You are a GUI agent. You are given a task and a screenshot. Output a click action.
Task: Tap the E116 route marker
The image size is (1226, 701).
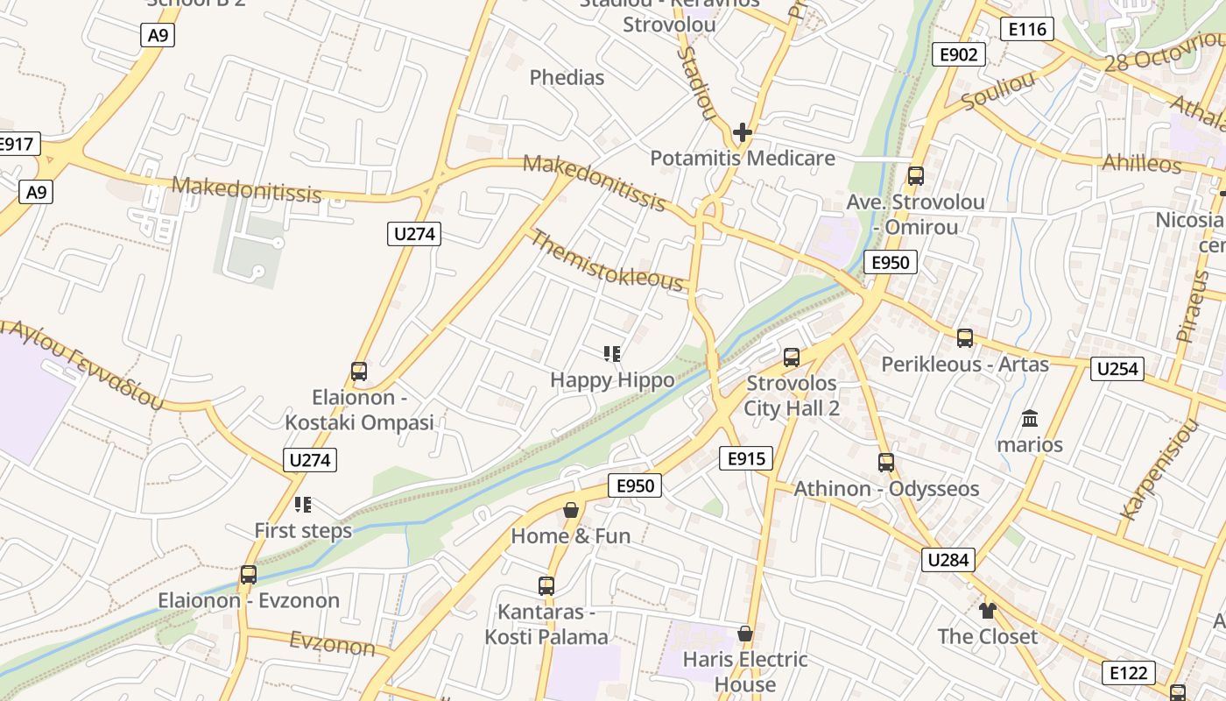tap(1026, 29)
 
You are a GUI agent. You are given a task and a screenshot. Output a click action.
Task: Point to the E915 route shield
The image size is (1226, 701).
tap(746, 457)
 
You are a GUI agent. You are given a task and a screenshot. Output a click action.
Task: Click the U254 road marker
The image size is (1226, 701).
tap(1117, 369)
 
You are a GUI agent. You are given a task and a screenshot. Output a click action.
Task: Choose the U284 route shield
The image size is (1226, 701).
tap(948, 560)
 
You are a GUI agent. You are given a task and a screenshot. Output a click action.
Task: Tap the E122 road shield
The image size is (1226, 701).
tap(1128, 673)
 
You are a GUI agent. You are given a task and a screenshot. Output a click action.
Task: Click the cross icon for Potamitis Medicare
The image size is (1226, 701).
tap(743, 133)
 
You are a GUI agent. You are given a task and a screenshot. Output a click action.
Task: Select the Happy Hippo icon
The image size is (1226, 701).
tap(612, 354)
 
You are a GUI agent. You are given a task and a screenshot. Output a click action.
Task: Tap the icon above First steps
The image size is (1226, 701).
tap(303, 505)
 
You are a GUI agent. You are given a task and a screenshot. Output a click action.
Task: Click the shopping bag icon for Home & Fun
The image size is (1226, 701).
tap(571, 510)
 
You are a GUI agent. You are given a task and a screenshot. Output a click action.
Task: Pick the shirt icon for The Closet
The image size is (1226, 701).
tap(988, 611)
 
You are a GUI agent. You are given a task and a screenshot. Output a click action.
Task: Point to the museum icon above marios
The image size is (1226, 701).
tap(1030, 418)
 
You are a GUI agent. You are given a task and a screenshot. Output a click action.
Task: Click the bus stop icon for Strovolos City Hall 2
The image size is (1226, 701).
tap(792, 357)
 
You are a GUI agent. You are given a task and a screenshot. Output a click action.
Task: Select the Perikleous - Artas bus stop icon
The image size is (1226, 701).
tap(965, 337)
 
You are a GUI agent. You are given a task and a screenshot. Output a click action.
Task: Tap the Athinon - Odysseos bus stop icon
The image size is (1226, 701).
tap(886, 463)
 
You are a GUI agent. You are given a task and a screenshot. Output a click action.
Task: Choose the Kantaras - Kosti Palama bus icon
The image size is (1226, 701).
tap(546, 585)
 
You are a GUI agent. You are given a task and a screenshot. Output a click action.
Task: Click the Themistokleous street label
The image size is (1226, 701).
tap(606, 260)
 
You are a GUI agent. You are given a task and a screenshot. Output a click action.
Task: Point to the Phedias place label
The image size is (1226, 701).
tap(567, 77)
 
